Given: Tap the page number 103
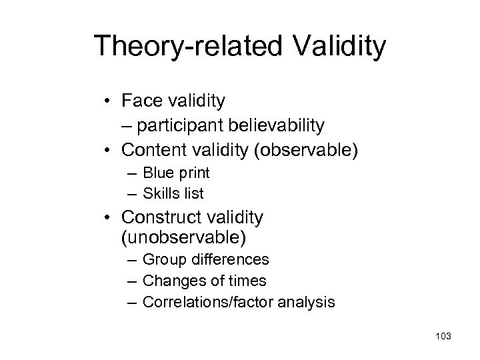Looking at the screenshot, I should [441, 337].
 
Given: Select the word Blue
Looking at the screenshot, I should [159, 173].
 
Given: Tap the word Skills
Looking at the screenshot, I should [162, 193].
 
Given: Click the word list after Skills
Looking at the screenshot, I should [194, 193].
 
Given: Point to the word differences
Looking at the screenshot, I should [230, 259].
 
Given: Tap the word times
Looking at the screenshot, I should [245, 280].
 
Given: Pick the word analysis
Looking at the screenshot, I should [307, 301].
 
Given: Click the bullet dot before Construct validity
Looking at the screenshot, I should [108, 217].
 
